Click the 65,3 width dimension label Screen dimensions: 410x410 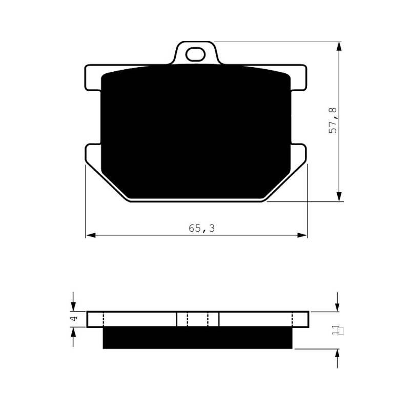pyautogui.click(x=201, y=228)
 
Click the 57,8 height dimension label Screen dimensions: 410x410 pyautogui.click(x=333, y=120)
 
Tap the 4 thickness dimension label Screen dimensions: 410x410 pyautogui.click(x=74, y=318)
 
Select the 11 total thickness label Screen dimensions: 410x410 pyautogui.click(x=335, y=330)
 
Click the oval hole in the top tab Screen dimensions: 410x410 pyautogui.click(x=195, y=54)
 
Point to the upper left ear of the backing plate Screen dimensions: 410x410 pyautogui.click(x=93, y=78)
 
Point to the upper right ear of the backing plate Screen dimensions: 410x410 pyautogui.click(x=299, y=78)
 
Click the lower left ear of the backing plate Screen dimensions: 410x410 pyautogui.click(x=93, y=154)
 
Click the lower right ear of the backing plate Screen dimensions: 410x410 pyautogui.click(x=298, y=154)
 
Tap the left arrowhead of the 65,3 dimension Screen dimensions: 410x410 pyautogui.click(x=91, y=235)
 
